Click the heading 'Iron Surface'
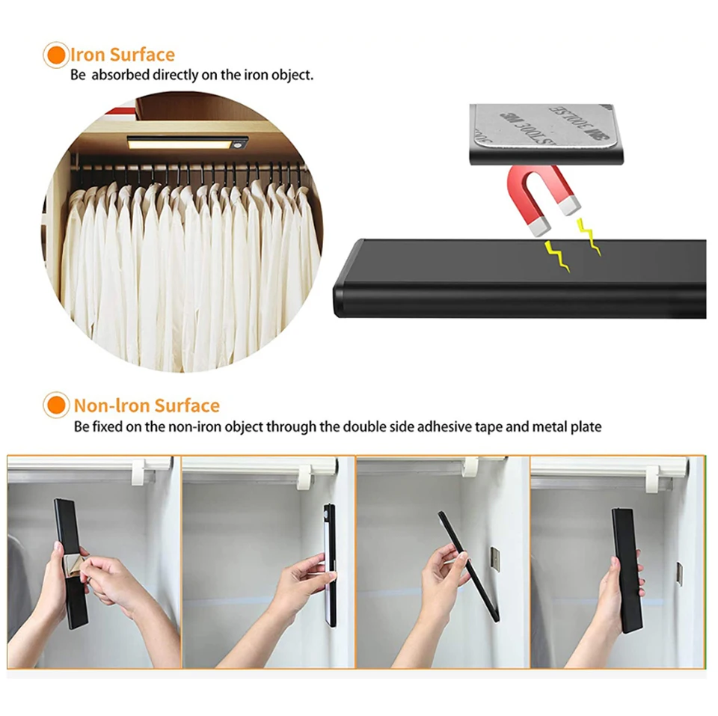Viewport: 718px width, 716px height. (123, 55)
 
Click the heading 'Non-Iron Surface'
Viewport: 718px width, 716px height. (147, 406)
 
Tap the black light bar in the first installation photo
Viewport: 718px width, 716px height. (70, 561)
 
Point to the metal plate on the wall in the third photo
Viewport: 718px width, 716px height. (494, 558)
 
